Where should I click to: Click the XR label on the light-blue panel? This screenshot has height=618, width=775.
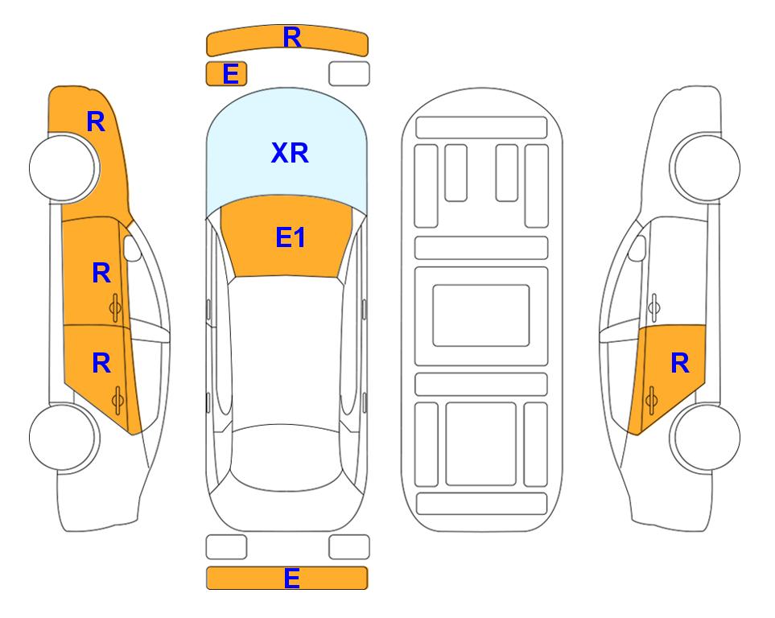coord(290,153)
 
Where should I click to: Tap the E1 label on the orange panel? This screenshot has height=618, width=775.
coord(291,237)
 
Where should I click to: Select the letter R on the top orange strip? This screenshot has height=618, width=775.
coord(292,37)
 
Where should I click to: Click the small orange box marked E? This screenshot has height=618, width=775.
coord(226,74)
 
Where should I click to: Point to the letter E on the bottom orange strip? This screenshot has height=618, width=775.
coord(291,578)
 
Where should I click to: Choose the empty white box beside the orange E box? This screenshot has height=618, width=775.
coord(349,74)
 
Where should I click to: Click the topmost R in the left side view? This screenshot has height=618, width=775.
coord(96,122)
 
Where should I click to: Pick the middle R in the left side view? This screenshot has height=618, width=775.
coord(101,273)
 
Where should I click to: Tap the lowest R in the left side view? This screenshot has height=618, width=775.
coord(101,364)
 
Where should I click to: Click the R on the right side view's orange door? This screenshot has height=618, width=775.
coord(679,364)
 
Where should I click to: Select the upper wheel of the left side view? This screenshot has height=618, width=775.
coord(64,167)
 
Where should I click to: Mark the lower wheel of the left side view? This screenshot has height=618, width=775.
coord(64,438)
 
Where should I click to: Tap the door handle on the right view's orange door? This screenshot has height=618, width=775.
coord(651,400)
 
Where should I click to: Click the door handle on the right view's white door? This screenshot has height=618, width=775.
coord(654,307)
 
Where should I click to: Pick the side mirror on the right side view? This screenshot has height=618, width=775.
coord(637,249)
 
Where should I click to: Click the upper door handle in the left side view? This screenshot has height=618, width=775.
coord(115,307)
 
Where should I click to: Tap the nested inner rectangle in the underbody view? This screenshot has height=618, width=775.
coord(481,315)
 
